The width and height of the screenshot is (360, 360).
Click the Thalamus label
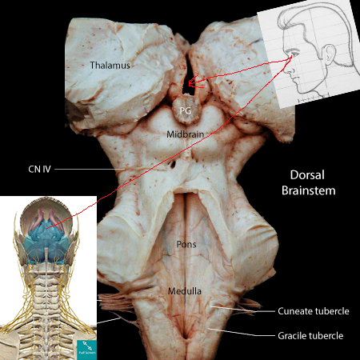coord(110,66)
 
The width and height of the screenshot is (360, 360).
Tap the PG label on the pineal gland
coord(186,110)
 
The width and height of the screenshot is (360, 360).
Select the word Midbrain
coord(186,134)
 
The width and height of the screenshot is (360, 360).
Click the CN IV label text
coord(39,169)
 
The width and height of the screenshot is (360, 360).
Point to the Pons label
coord(186,244)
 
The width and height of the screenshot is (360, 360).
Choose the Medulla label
coord(185,291)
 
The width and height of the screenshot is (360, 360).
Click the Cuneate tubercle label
coord(314,311)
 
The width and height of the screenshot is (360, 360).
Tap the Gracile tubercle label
coord(310,336)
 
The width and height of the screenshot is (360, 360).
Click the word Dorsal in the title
coord(307,175)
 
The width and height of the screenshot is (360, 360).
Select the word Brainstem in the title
coord(309,190)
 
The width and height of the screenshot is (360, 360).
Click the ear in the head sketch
coord(329,54)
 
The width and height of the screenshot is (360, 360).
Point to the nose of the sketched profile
coord(289,70)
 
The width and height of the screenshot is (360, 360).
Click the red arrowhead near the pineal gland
coord(193,82)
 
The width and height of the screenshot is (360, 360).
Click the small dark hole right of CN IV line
coord(174,164)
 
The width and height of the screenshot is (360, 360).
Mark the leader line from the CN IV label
coord(90,169)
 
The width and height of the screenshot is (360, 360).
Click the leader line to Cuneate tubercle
coord(242,310)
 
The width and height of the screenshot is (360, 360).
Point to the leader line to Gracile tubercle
coord(242,333)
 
